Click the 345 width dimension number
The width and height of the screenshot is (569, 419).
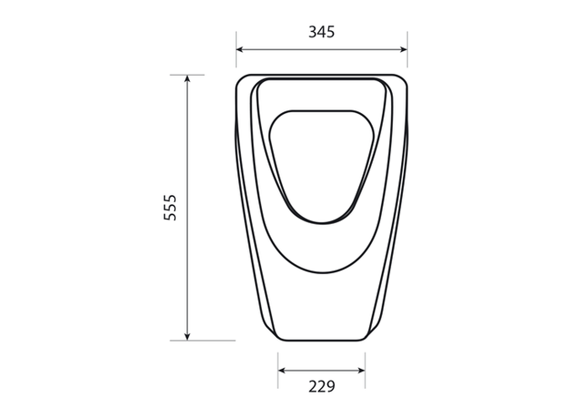pyautogui.click(x=322, y=32)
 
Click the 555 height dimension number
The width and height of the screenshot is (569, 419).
pyautogui.click(x=171, y=208)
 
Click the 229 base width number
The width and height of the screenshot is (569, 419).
pyautogui.click(x=322, y=387)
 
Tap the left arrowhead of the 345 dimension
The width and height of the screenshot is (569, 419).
pyautogui.click(x=240, y=49)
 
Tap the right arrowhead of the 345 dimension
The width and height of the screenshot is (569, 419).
pyautogui.click(x=403, y=49)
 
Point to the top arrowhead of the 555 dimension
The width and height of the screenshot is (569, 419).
pyautogui.click(x=187, y=79)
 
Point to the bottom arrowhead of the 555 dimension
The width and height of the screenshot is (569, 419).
pyautogui.click(x=187, y=336)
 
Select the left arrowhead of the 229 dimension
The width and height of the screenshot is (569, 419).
pyautogui.click(x=282, y=371)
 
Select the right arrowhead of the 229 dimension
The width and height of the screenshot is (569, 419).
pyautogui.click(x=361, y=371)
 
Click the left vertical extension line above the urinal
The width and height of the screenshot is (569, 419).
pyautogui.click(x=236, y=49)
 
